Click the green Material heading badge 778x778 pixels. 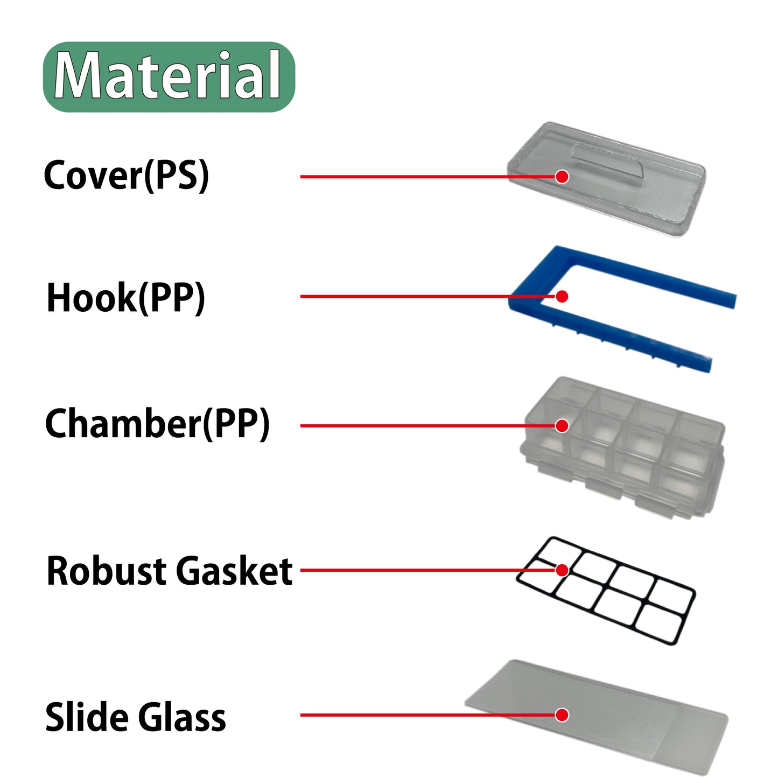tap(169, 76)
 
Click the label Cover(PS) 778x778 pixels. tap(126, 176)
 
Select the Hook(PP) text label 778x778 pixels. tap(125, 297)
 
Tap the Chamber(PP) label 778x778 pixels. tap(157, 424)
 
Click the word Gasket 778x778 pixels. tap(234, 571)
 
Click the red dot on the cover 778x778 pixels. tap(562, 177)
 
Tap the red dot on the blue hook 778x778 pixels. tap(562, 296)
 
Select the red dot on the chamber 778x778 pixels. tap(562, 426)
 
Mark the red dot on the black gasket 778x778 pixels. tap(562, 570)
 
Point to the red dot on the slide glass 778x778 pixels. tap(562, 715)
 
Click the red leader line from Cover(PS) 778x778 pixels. tap(404, 177)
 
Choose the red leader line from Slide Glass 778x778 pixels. tap(404, 715)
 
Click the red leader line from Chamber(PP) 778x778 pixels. tap(404, 426)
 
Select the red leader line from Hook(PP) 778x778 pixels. tap(404, 296)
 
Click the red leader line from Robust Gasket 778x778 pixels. tap(404, 570)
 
